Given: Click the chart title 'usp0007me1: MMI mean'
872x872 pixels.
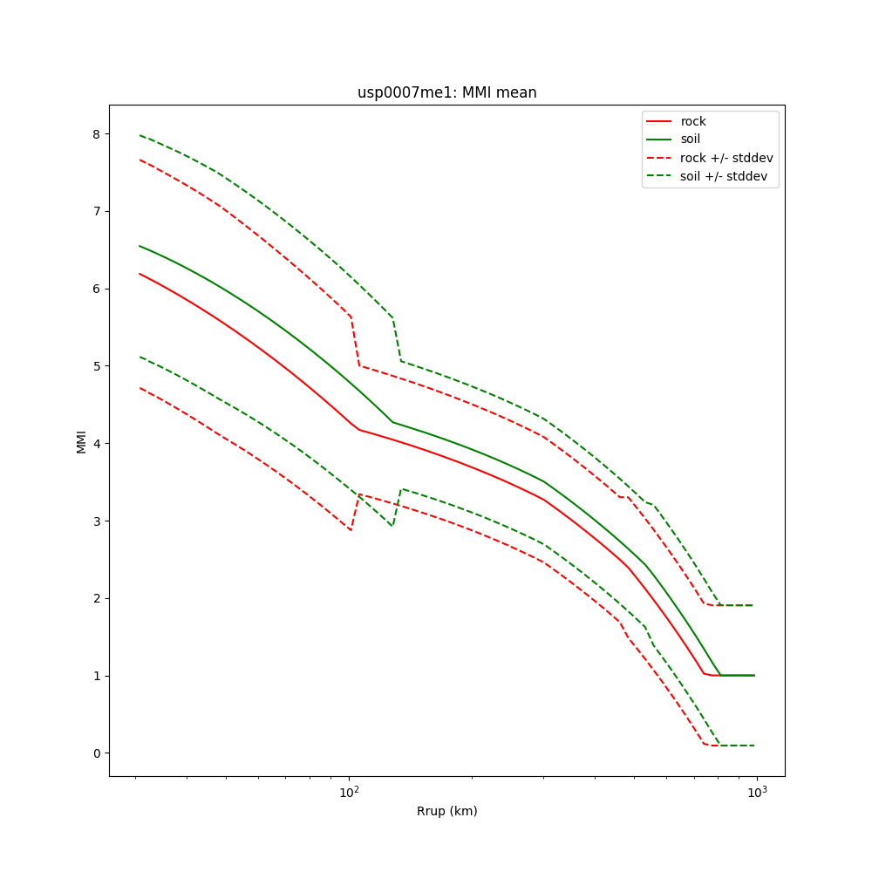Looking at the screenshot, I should [x=446, y=93].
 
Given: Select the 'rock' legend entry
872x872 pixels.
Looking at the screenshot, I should [x=693, y=121].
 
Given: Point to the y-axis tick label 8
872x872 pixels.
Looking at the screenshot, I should [x=96, y=133].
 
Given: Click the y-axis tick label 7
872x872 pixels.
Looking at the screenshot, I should [x=96, y=211].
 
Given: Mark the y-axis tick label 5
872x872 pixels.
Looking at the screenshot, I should [x=96, y=366].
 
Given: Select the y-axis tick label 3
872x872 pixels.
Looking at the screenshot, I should [x=96, y=521].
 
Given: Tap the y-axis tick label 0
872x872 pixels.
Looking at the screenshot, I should [x=96, y=753].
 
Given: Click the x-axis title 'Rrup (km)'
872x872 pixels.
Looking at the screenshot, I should [x=446, y=811].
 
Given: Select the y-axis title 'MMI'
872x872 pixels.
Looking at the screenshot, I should [x=81, y=441].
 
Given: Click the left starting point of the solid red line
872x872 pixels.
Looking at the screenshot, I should [x=140, y=274].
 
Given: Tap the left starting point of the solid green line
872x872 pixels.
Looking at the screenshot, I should [x=140, y=246].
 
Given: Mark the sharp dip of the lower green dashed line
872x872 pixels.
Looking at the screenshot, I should [x=392, y=526].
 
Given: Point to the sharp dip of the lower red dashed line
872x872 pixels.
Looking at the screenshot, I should [x=351, y=530].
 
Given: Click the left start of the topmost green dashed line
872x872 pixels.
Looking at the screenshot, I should [x=140, y=135].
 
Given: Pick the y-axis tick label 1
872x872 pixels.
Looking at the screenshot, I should [x=96, y=676].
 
